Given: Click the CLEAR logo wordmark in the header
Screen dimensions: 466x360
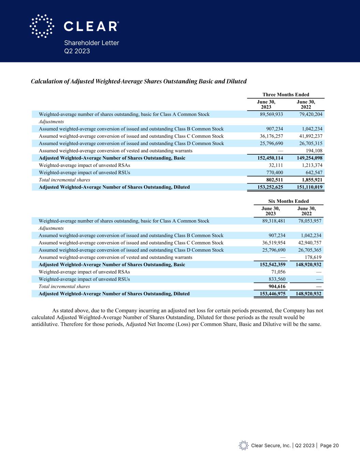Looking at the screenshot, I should point(91,26).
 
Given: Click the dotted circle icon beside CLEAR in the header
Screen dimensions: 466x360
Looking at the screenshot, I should point(42,26).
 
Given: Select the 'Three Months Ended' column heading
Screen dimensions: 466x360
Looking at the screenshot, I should point(286,95).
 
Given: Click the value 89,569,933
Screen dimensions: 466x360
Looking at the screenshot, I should point(271,114).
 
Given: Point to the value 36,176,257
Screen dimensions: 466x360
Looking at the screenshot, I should point(271,136).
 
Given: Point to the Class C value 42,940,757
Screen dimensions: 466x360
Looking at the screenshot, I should point(307,243).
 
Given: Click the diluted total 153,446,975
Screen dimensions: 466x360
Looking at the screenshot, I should point(270,294).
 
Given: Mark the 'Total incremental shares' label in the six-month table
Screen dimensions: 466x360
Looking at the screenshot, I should point(64,286).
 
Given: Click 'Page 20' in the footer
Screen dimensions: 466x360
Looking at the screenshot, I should point(329,446).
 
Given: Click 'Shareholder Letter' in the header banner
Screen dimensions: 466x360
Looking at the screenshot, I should point(92,43).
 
